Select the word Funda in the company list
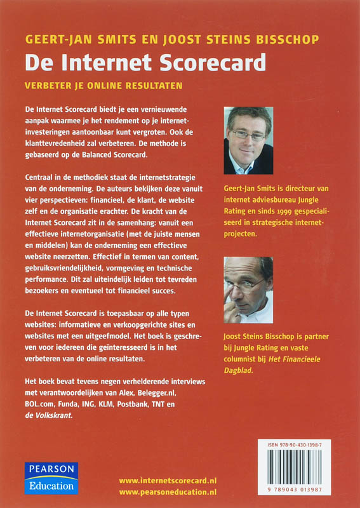point(74,404)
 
